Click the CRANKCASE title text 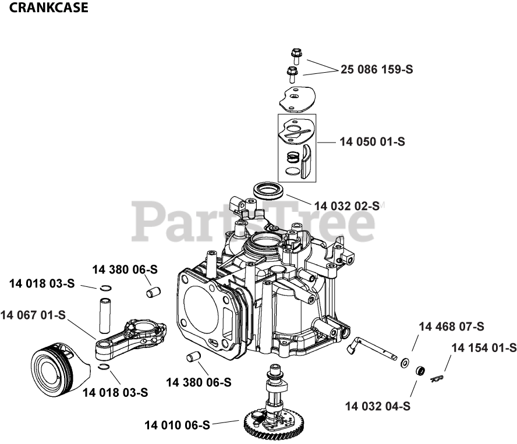[x=49, y=8]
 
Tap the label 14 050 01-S [x=373, y=141]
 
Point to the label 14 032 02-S [x=346, y=206]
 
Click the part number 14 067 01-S [x=33, y=315]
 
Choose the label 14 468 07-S [x=451, y=327]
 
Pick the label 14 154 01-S [x=484, y=348]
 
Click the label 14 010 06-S [x=177, y=425]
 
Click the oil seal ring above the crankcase [x=268, y=190]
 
